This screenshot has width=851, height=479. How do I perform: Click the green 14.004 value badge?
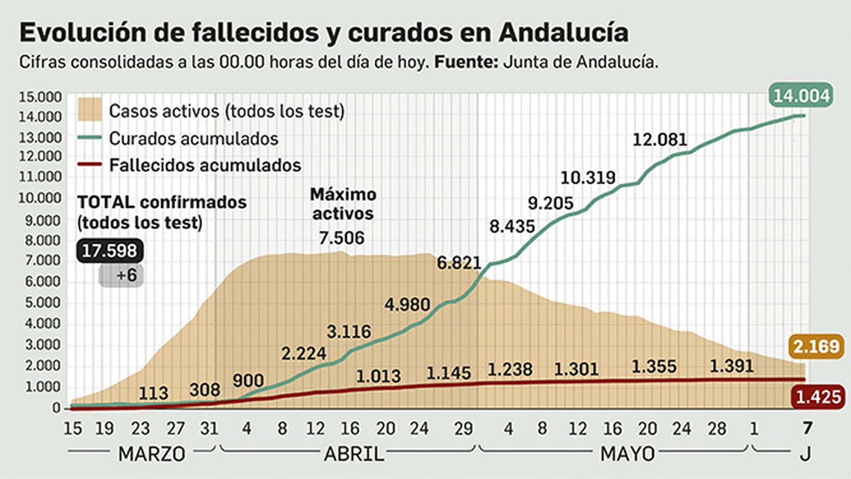point(801,96)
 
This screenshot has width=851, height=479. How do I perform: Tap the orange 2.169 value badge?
point(816,347)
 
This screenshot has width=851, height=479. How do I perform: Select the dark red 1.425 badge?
point(818,397)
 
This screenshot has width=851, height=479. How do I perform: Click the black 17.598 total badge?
point(110,251)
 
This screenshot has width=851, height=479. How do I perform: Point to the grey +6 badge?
point(122,275)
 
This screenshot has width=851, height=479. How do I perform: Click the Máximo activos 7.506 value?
point(342,238)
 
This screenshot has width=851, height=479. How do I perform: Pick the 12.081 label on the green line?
point(660,140)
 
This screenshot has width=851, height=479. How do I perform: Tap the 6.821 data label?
point(458,263)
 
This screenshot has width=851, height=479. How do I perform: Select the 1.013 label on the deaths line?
point(378,376)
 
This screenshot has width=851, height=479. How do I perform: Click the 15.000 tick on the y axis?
point(40,97)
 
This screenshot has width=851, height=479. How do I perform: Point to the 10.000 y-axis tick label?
point(40,198)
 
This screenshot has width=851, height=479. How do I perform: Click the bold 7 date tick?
point(807,428)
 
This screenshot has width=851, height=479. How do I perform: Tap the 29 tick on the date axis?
point(463,428)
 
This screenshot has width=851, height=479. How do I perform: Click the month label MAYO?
point(628,454)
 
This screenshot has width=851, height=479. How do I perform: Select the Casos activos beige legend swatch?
point(89,110)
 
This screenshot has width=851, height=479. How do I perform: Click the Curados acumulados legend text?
point(194,138)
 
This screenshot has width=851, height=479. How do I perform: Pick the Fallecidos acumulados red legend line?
point(89,164)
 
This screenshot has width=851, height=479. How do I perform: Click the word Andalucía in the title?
point(564,32)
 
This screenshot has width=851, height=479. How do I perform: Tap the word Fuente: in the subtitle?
point(466,62)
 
